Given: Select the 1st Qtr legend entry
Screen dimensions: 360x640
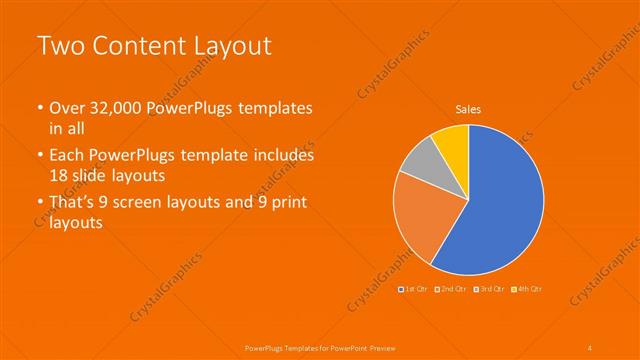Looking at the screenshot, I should click(415, 289).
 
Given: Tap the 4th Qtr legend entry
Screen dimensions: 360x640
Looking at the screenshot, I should click(527, 289).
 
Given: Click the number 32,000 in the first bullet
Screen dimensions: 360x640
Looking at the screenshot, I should click(110, 108).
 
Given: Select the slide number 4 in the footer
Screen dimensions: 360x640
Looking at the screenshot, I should click(590, 347).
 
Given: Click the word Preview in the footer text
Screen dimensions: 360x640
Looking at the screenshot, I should click(392, 347).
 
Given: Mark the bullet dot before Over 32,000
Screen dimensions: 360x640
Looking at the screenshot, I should click(39, 109).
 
